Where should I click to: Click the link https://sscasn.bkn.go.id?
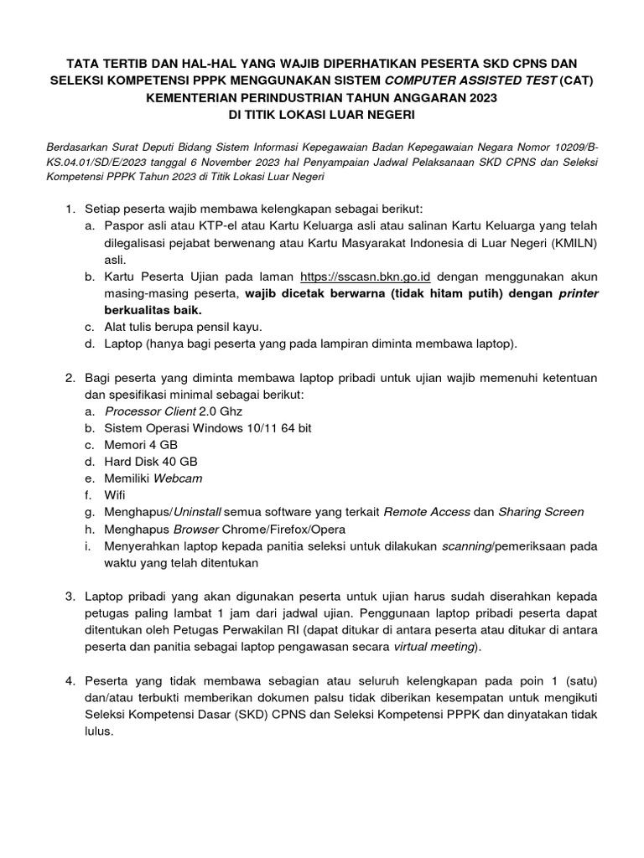(366, 277)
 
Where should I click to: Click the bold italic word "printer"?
(578, 293)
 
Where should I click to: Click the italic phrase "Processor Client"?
(149, 411)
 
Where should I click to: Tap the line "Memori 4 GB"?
(142, 445)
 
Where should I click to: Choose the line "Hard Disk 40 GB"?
(152, 462)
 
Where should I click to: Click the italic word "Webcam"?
(177, 478)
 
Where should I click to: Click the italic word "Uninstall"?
(197, 512)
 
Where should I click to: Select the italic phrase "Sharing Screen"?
(541, 512)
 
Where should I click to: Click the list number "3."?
(71, 596)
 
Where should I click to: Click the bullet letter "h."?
(90, 529)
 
